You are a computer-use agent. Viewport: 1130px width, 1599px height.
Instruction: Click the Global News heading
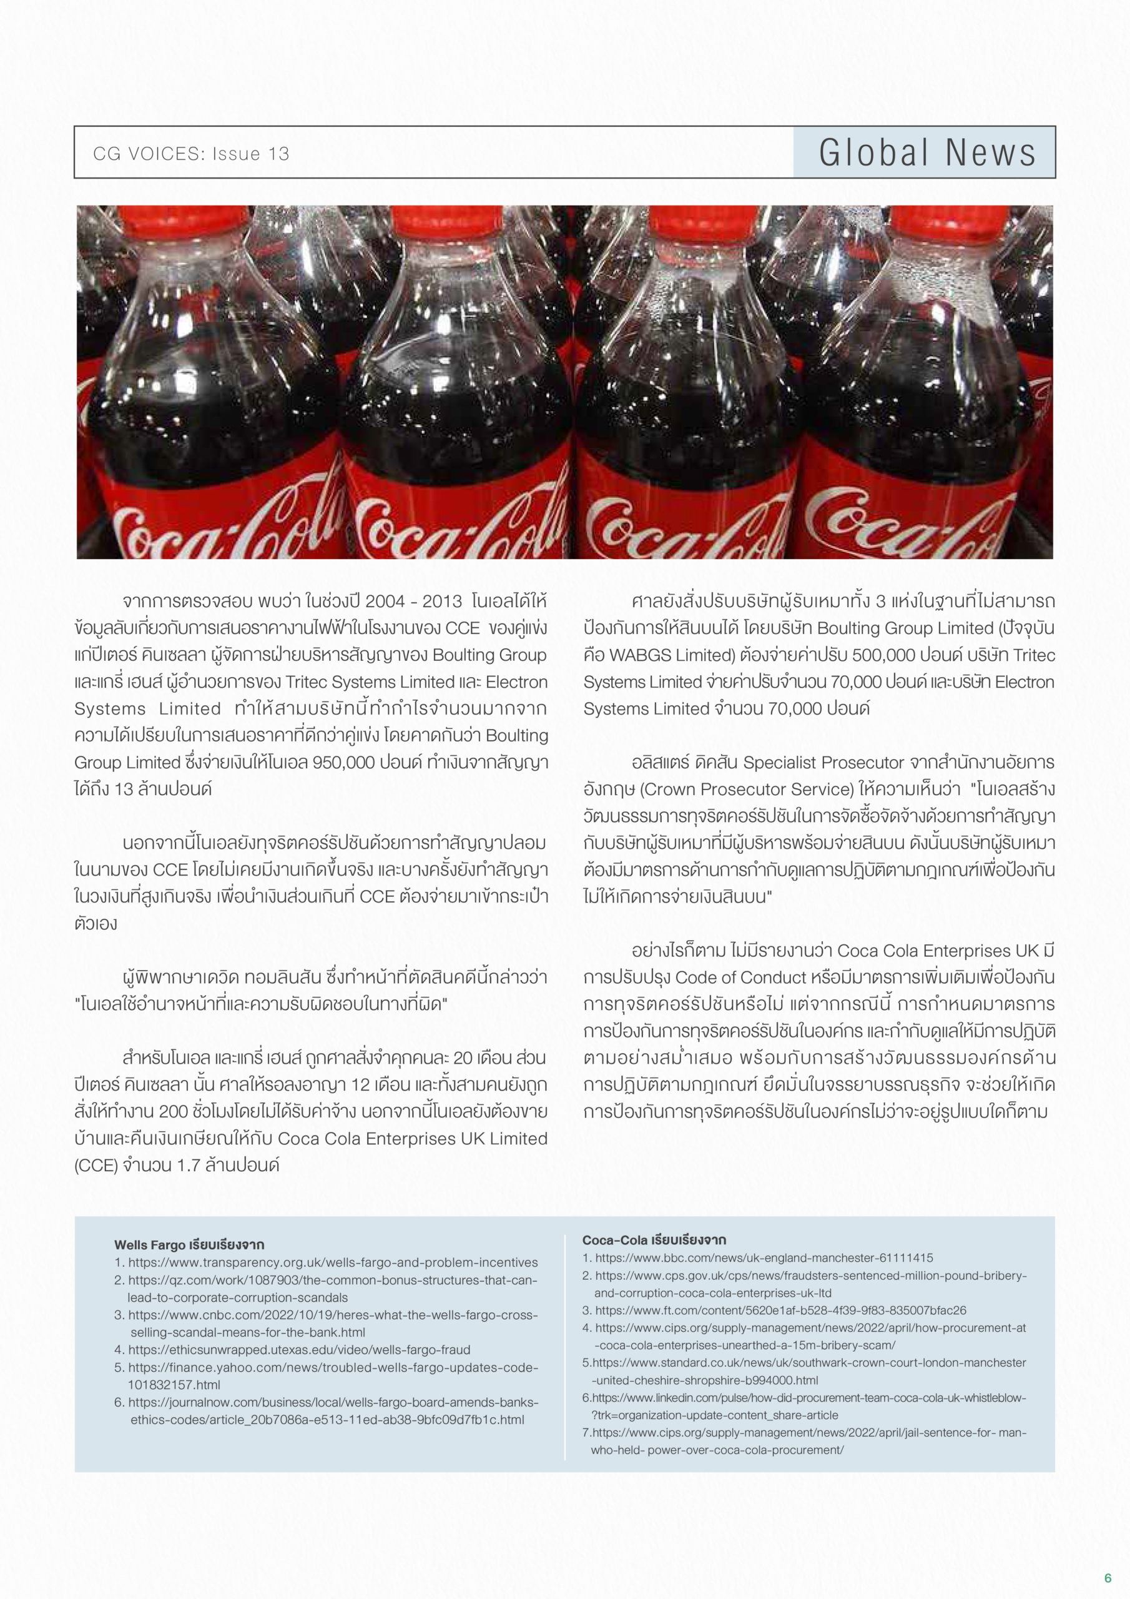pyautogui.click(x=926, y=152)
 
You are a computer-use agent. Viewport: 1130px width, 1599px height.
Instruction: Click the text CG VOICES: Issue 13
pyautogui.click(x=191, y=154)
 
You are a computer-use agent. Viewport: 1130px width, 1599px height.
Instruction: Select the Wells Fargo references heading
pyautogui.click(x=189, y=1244)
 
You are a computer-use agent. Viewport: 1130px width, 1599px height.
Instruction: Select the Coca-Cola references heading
pyautogui.click(x=654, y=1240)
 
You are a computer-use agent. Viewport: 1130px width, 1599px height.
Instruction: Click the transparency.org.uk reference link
pyautogui.click(x=333, y=1262)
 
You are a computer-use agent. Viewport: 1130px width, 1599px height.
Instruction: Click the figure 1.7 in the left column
pyautogui.click(x=189, y=1165)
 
